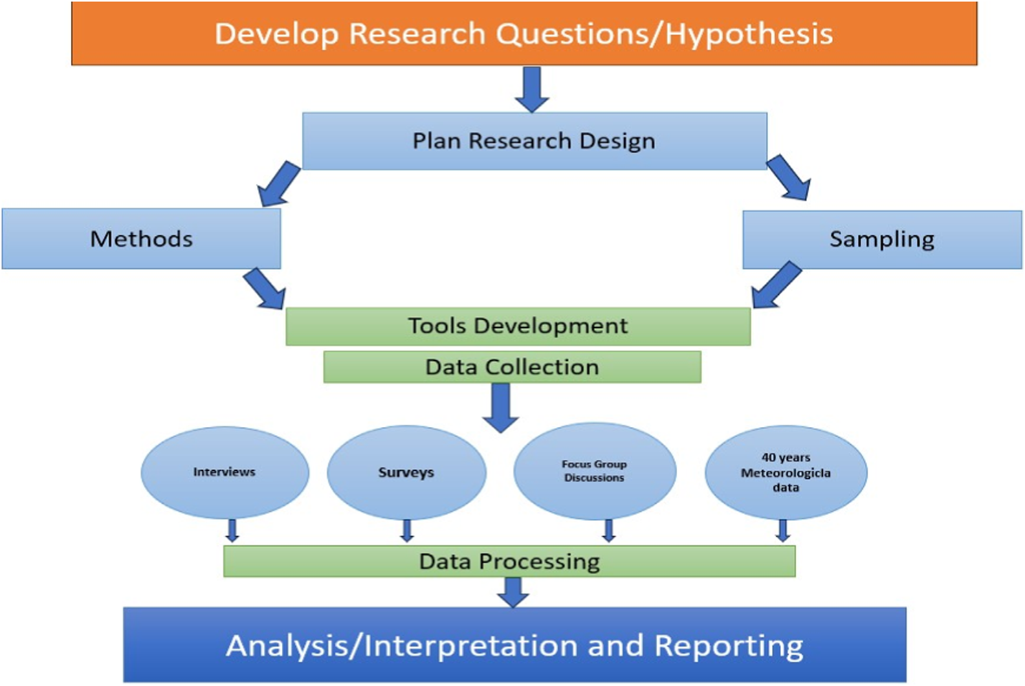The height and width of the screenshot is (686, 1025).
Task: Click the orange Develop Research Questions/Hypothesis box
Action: pyautogui.click(x=525, y=34)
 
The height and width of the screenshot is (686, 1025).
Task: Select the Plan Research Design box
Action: pyautogui.click(x=534, y=141)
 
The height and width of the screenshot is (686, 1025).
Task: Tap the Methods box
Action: pyautogui.click(x=142, y=239)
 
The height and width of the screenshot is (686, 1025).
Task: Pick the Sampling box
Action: pyautogui.click(x=882, y=239)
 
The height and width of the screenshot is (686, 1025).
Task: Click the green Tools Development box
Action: pyautogui.click(x=518, y=327)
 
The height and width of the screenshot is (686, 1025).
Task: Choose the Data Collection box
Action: pyautogui.click(x=512, y=367)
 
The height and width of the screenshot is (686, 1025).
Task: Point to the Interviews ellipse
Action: pyautogui.click(x=225, y=472)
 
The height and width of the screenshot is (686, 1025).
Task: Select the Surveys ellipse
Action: pyautogui.click(x=406, y=472)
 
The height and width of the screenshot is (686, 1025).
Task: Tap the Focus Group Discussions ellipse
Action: pyautogui.click(x=595, y=471)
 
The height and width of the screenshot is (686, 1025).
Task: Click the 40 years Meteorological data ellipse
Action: pyautogui.click(x=786, y=472)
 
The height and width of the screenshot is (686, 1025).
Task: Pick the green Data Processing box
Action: pyautogui.click(x=509, y=561)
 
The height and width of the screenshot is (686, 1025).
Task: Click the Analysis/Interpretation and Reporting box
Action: pyautogui.click(x=515, y=645)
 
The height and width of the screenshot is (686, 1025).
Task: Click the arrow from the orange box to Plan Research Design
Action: pyautogui.click(x=531, y=89)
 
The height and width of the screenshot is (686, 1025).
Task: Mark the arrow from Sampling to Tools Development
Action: pyautogui.click(x=777, y=285)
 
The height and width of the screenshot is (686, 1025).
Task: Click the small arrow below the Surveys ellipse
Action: pyautogui.click(x=407, y=531)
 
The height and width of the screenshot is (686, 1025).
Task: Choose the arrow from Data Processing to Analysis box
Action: pyautogui.click(x=513, y=593)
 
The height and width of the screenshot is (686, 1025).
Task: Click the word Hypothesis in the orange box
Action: pyautogui.click(x=749, y=35)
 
